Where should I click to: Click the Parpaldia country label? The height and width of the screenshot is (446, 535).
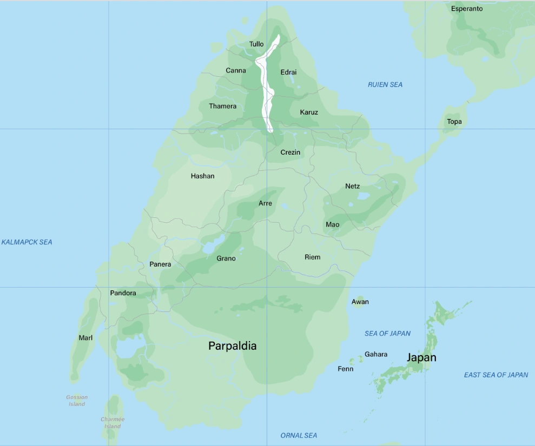coord(233,346)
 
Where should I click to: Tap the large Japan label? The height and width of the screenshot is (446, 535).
coord(421,357)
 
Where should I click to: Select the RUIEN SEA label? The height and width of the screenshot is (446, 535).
coord(385,85)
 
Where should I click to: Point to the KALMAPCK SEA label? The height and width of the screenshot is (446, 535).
coord(27,242)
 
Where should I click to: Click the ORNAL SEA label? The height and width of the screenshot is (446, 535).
coord(299,435)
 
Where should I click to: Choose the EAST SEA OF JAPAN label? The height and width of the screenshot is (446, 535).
coord(496,375)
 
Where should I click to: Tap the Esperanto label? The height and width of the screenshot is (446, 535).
coord(467,9)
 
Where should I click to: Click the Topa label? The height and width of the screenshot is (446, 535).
coord(454,122)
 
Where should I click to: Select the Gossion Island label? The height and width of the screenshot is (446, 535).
coord(77,401)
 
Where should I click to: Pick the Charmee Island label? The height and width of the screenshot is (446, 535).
coord(113,423)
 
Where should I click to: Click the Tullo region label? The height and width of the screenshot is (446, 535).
coord(256,44)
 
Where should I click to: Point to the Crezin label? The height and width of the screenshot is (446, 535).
coord(290,152)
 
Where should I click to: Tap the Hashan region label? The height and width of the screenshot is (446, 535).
coord(202,176)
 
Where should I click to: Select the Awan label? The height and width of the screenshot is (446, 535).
coord(360,302)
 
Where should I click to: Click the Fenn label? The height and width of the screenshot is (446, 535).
coord(345,369)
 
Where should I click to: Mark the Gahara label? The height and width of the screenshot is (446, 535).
coord(376,355)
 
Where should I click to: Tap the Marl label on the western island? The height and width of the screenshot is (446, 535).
coord(85,338)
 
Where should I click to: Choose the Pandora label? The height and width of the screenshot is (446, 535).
coord(123,293)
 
